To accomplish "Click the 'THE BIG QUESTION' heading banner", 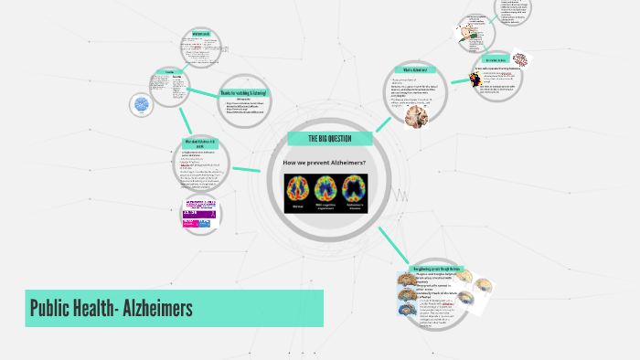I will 330,139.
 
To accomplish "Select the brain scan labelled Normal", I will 298,188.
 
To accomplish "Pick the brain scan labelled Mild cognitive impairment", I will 326,188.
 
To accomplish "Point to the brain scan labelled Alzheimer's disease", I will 355,188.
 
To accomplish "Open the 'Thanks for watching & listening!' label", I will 244,93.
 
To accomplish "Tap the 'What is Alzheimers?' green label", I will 414,70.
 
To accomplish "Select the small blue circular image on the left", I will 142,105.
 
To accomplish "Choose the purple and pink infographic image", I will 199,211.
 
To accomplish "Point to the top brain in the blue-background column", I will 405,281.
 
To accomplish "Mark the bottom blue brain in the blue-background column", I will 405,311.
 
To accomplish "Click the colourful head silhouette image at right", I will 475,79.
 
